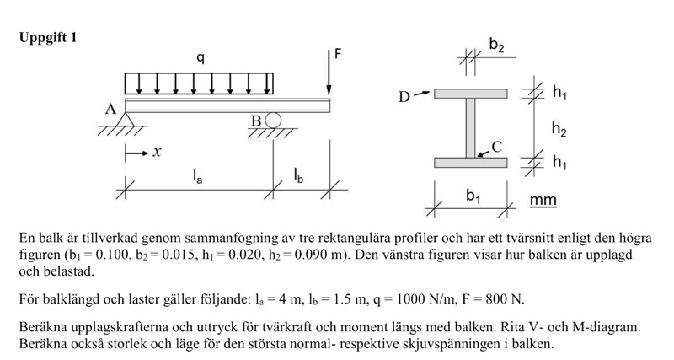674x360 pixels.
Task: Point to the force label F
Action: (339, 54)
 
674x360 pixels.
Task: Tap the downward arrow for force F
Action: (329, 76)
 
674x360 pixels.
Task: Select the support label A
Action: (110, 110)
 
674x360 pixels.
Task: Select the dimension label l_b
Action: (300, 175)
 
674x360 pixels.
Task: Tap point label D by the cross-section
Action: (405, 96)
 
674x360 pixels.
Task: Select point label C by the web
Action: (497, 146)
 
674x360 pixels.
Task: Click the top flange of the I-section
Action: (471, 93)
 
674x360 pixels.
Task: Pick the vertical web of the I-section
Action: (471, 126)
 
